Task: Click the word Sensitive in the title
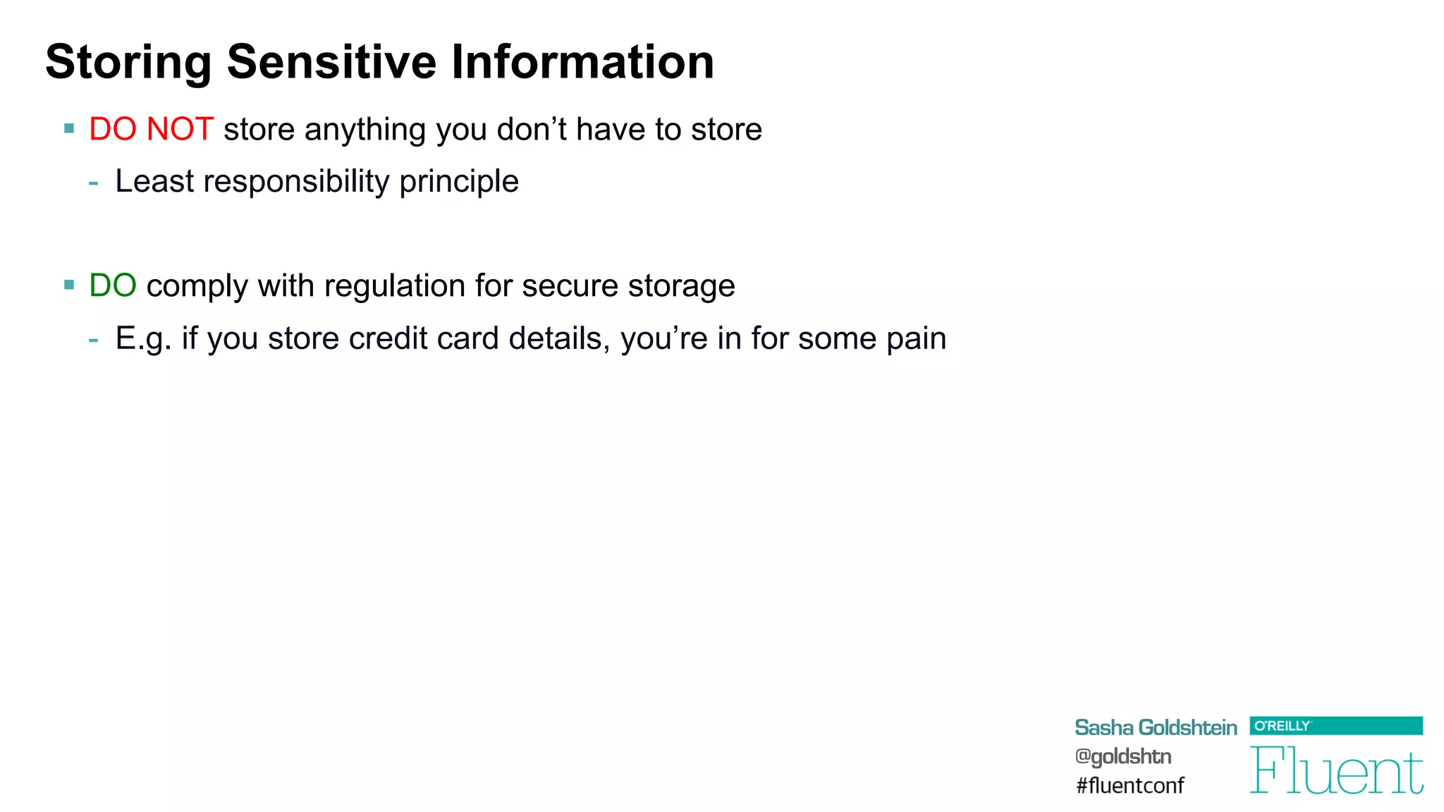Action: pyautogui.click(x=331, y=62)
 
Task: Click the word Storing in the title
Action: pyautogui.click(x=128, y=62)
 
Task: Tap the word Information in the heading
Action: pyautogui.click(x=582, y=62)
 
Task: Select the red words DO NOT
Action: pyautogui.click(x=151, y=130)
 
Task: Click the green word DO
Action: pyautogui.click(x=113, y=286)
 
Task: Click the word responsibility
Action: pyautogui.click(x=296, y=182)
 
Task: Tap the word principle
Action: pyautogui.click(x=459, y=182)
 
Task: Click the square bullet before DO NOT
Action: pyautogui.click(x=69, y=129)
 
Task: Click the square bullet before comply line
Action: pyautogui.click(x=69, y=285)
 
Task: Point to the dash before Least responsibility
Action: pyautogui.click(x=94, y=183)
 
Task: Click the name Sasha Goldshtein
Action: pyautogui.click(x=1155, y=727)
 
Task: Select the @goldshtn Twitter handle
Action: pyautogui.click(x=1122, y=756)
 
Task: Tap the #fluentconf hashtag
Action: pyautogui.click(x=1130, y=785)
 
